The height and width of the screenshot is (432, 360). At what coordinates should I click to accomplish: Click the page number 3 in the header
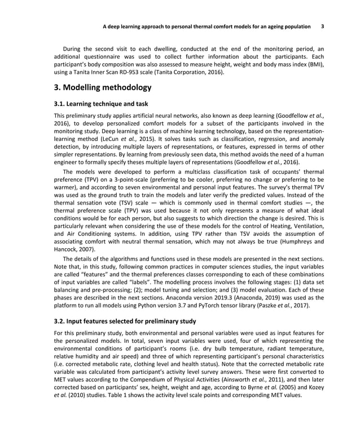pyautogui.click(x=322, y=27)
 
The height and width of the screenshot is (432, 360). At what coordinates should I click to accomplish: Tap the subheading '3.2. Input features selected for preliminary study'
pyautogui.click(x=125, y=322)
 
